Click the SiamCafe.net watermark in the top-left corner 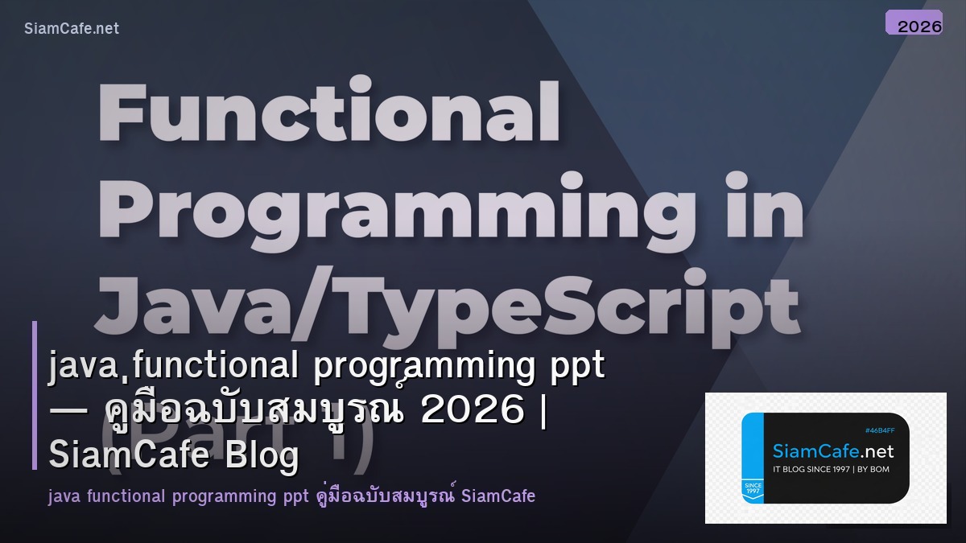(72, 28)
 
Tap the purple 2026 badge (914, 24)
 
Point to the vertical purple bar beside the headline (35, 395)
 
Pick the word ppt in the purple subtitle (290, 496)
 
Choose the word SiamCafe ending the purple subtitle (498, 496)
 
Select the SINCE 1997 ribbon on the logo (753, 489)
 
